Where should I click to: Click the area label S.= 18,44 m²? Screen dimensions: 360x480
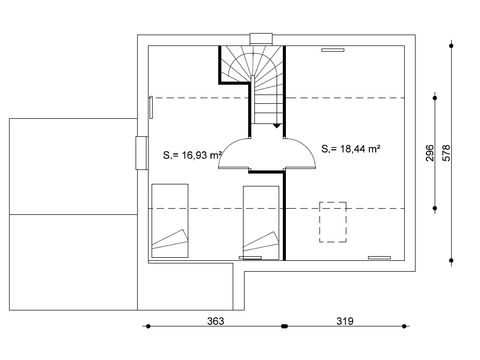pyautogui.click(x=352, y=149)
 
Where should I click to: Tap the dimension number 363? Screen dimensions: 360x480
pyautogui.click(x=214, y=322)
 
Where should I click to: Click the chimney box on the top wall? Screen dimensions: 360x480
pyautogui.click(x=262, y=40)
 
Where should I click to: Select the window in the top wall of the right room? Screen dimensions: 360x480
pyautogui.click(x=332, y=47)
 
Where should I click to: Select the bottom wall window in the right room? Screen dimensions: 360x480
pyautogui.click(x=378, y=257)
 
